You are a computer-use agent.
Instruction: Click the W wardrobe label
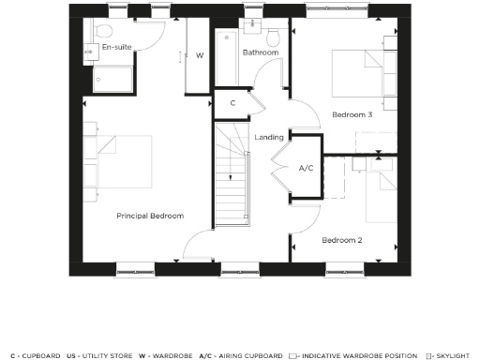click(x=200, y=55)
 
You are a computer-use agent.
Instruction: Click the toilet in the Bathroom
click(x=273, y=36)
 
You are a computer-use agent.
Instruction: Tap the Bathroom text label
click(x=261, y=52)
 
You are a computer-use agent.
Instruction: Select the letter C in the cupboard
click(x=232, y=103)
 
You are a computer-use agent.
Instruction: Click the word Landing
click(x=269, y=137)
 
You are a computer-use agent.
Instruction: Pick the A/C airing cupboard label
click(x=306, y=169)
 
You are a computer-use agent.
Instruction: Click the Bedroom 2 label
click(x=342, y=241)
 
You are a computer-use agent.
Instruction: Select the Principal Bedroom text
click(x=149, y=216)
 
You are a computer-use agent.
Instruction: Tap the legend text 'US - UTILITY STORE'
click(x=100, y=355)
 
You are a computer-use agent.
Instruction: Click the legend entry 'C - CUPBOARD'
click(x=36, y=355)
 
